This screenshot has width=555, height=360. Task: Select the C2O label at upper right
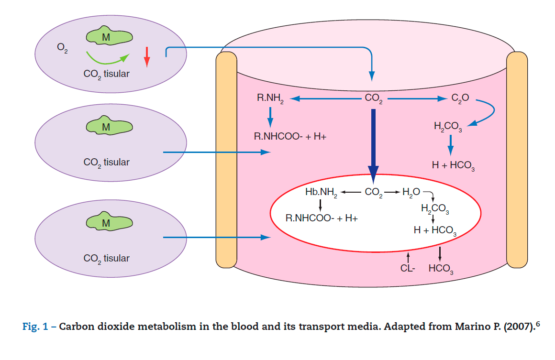coord(460,98)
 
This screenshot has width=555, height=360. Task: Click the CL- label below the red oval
coord(408,269)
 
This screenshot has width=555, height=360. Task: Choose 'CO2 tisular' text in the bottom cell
coord(106,259)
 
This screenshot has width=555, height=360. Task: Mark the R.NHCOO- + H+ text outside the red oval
coord(290,136)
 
